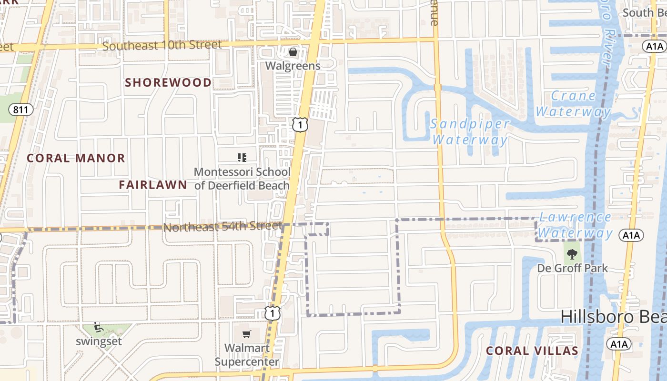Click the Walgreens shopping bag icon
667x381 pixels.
tap(293, 52)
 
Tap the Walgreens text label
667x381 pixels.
tap(293, 66)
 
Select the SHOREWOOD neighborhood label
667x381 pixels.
tap(168, 83)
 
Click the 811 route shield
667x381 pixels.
tap(21, 110)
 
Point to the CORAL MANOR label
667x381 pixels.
tap(76, 158)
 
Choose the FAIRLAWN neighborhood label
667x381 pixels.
tap(153, 185)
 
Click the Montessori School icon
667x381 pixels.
tap(242, 157)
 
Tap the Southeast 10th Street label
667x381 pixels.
tap(162, 46)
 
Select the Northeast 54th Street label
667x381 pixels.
tap(222, 227)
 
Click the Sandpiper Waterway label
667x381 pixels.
tap(470, 132)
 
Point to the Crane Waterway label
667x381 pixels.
tap(573, 103)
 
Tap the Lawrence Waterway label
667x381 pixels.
tap(575, 225)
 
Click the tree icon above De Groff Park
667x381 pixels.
tap(572, 254)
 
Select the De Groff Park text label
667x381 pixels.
tap(572, 268)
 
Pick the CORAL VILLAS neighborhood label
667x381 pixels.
tap(532, 351)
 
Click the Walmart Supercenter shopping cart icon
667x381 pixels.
tap(246, 334)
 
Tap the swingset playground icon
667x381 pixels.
tap(98, 327)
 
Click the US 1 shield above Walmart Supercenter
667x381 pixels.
tap(273, 313)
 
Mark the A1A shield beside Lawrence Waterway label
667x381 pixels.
tap(631, 235)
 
